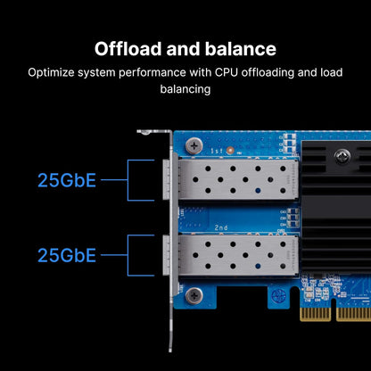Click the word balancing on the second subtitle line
pos(185,90)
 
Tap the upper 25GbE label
pos(67,181)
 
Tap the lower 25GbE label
pos(67,256)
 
